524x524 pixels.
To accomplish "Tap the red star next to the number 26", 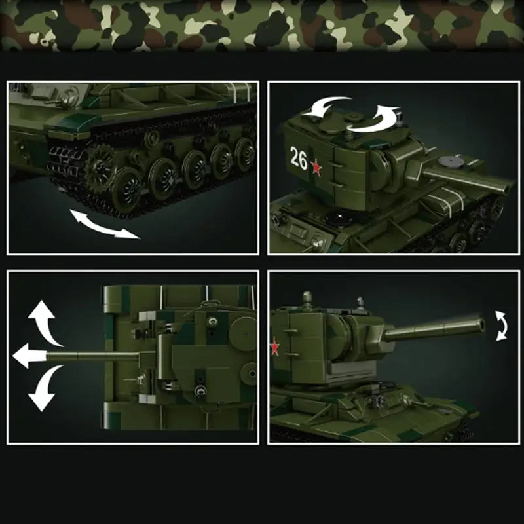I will (x=318, y=169).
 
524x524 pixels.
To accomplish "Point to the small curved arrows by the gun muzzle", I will (x=501, y=326).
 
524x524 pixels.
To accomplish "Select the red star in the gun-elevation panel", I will (x=275, y=347).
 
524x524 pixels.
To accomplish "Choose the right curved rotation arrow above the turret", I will (x=379, y=119).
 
